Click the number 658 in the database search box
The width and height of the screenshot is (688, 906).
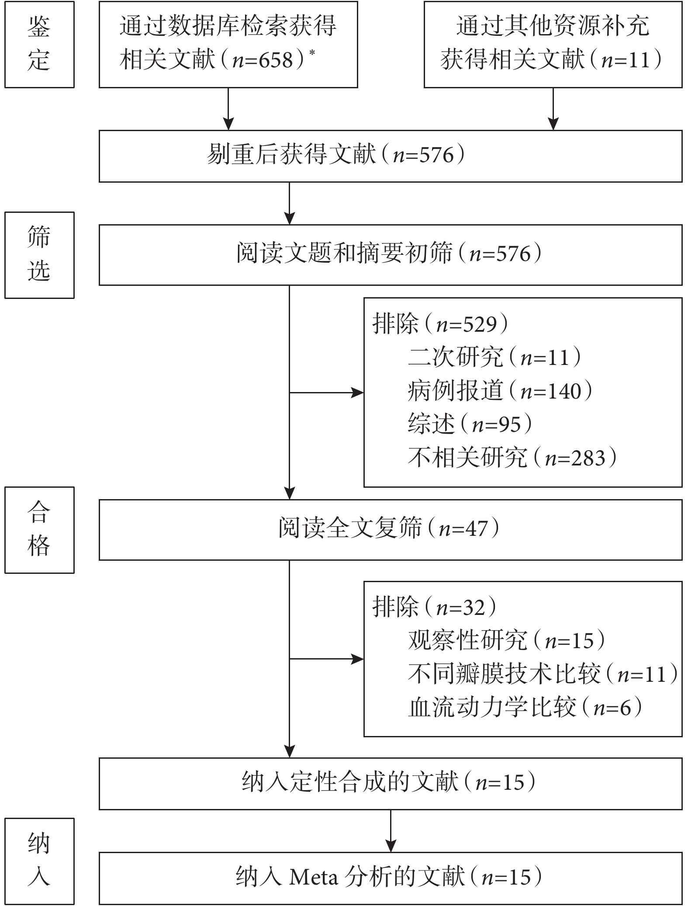tap(276, 60)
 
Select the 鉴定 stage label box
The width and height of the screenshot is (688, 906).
tap(39, 44)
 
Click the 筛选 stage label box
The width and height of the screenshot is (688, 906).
tap(39, 255)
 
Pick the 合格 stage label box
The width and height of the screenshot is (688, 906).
tap(39, 530)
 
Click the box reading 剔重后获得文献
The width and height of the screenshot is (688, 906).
tap(391, 156)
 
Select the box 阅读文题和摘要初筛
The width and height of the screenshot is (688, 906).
tap(391, 255)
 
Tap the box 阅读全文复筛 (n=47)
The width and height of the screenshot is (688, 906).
tap(391, 530)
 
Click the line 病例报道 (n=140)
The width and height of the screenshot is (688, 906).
tap(500, 391)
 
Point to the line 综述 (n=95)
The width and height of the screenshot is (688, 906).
tap(470, 424)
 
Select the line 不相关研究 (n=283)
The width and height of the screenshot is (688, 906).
tap(512, 458)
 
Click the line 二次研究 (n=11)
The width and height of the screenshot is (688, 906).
tap(494, 358)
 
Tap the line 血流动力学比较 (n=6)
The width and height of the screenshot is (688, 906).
tap(525, 707)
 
